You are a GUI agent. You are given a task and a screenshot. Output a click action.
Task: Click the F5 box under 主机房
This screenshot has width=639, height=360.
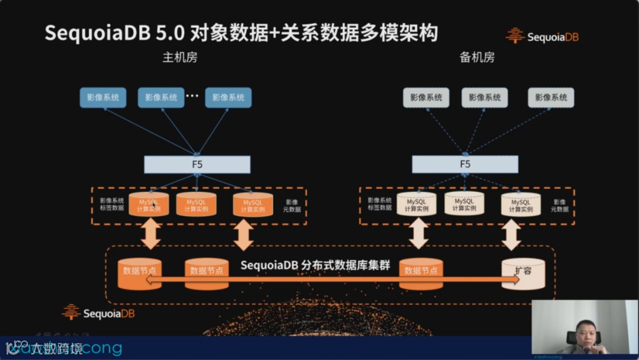click(197, 165)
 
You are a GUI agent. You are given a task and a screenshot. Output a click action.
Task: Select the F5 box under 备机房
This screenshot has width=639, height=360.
click(465, 165)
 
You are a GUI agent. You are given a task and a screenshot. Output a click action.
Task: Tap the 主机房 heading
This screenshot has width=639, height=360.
click(180, 58)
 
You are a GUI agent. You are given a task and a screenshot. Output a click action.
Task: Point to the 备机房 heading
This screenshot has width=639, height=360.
click(477, 58)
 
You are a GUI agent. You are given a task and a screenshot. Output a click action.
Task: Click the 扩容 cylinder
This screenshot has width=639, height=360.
click(523, 274)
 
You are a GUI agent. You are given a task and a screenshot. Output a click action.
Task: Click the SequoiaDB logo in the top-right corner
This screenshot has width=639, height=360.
click(542, 36)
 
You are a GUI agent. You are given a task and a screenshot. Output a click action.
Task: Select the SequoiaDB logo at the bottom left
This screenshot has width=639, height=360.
click(98, 312)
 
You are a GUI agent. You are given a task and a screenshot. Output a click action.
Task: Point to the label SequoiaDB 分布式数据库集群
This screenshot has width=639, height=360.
click(315, 265)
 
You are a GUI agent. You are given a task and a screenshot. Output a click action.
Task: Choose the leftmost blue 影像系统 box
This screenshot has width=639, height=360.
click(103, 98)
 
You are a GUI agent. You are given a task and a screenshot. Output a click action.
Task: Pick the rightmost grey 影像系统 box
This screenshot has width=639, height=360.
click(551, 98)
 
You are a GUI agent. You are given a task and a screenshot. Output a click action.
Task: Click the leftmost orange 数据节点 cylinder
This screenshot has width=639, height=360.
click(140, 273)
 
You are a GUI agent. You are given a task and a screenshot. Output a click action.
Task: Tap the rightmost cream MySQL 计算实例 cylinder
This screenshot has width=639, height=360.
click(521, 205)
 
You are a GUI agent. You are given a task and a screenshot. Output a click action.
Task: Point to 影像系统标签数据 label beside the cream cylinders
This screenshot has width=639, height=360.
click(379, 204)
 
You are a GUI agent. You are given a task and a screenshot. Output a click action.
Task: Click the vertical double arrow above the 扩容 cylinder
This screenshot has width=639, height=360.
click(511, 234)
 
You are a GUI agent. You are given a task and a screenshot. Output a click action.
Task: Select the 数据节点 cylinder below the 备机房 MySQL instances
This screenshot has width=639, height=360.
click(421, 273)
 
